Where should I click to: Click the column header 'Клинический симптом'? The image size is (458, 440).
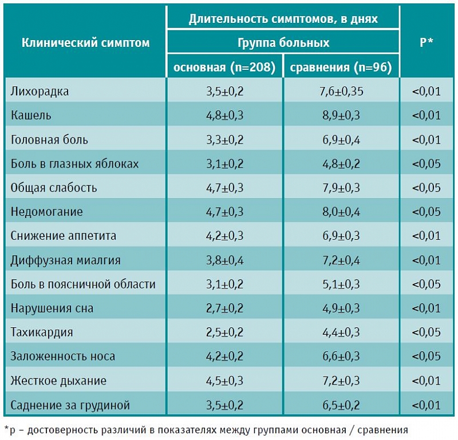(85, 42)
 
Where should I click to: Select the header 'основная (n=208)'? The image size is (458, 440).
(225, 68)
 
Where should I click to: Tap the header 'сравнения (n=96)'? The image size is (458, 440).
(341, 68)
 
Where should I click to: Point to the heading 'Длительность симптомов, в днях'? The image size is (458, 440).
(283, 19)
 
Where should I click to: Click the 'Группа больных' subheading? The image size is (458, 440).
(283, 43)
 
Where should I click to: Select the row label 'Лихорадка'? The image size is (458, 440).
(40, 91)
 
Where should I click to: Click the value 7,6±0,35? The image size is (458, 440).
(341, 91)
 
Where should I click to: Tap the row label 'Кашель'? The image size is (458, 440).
(31, 115)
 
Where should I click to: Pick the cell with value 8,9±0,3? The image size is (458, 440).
(341, 115)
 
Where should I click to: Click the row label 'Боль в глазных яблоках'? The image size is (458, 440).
(75, 164)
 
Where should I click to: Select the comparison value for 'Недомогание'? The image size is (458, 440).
(341, 212)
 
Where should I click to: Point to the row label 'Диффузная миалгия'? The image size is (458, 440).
(66, 260)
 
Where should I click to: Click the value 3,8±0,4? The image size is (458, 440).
(224, 260)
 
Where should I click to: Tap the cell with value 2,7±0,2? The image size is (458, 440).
(224, 308)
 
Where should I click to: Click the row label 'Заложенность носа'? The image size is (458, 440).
(63, 356)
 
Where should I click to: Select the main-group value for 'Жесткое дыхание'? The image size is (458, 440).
(224, 381)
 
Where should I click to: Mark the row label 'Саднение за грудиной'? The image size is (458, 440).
(70, 405)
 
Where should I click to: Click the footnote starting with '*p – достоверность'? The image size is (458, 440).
(206, 429)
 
